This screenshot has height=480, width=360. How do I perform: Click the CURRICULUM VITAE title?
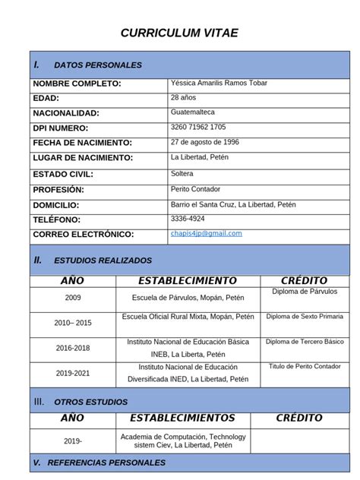(180, 33)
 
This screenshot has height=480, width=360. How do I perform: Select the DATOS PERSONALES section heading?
(98, 65)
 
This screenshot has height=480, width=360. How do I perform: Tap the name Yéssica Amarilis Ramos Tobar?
(219, 83)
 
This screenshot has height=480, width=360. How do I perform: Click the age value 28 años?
(185, 97)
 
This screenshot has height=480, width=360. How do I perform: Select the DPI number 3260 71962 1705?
(198, 127)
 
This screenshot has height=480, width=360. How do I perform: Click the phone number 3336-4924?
(188, 219)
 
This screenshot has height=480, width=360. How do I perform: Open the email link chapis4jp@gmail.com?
(207, 233)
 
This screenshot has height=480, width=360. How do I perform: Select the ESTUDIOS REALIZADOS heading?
(103, 261)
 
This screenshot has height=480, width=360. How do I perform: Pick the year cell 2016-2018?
(72, 347)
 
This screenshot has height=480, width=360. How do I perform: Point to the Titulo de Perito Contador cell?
(305, 366)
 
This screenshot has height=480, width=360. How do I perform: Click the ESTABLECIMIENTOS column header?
(182, 418)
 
